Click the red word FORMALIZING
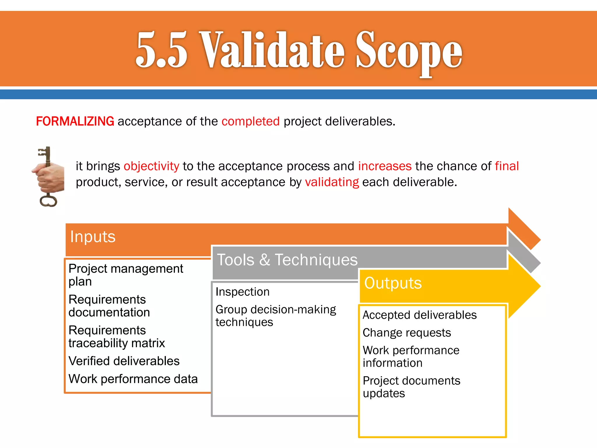(75, 121)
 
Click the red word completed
(250, 121)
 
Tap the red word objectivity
(151, 166)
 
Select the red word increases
(385, 166)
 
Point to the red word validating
(332, 182)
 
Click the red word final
(507, 166)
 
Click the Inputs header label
(93, 237)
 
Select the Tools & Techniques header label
(287, 260)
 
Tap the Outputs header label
(393, 283)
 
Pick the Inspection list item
(243, 292)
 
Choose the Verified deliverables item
(124, 361)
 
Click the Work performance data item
(133, 379)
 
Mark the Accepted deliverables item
(419, 315)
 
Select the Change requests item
(407, 333)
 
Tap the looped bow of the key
(48, 201)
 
